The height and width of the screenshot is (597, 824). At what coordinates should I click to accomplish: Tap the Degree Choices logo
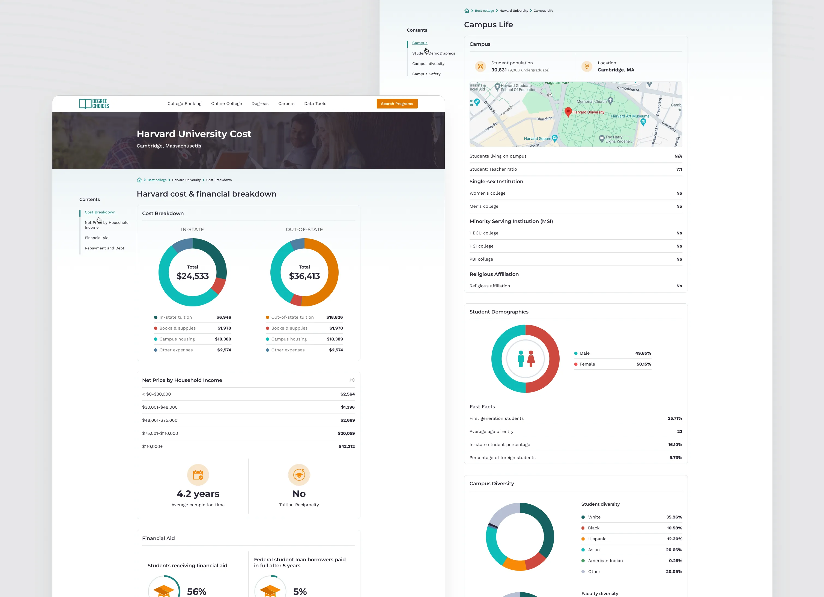94,104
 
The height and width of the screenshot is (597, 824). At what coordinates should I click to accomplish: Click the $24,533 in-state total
193,276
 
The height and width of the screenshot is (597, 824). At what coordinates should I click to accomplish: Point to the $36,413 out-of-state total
304,276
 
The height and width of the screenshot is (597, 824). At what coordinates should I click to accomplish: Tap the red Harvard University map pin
568,112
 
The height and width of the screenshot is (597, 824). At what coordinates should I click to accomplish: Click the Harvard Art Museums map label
630,116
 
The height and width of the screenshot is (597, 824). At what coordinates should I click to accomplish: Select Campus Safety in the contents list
426,74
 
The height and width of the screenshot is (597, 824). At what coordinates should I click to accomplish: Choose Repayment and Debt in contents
105,248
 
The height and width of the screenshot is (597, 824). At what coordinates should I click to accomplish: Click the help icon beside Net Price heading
352,380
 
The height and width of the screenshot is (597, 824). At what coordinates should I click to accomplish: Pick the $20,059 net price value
346,433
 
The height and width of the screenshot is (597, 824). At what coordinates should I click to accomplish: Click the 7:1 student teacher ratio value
679,169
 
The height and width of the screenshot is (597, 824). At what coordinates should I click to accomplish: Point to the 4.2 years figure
198,494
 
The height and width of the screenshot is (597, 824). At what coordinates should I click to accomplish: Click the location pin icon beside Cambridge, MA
587,67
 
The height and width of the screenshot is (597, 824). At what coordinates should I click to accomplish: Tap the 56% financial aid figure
196,592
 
